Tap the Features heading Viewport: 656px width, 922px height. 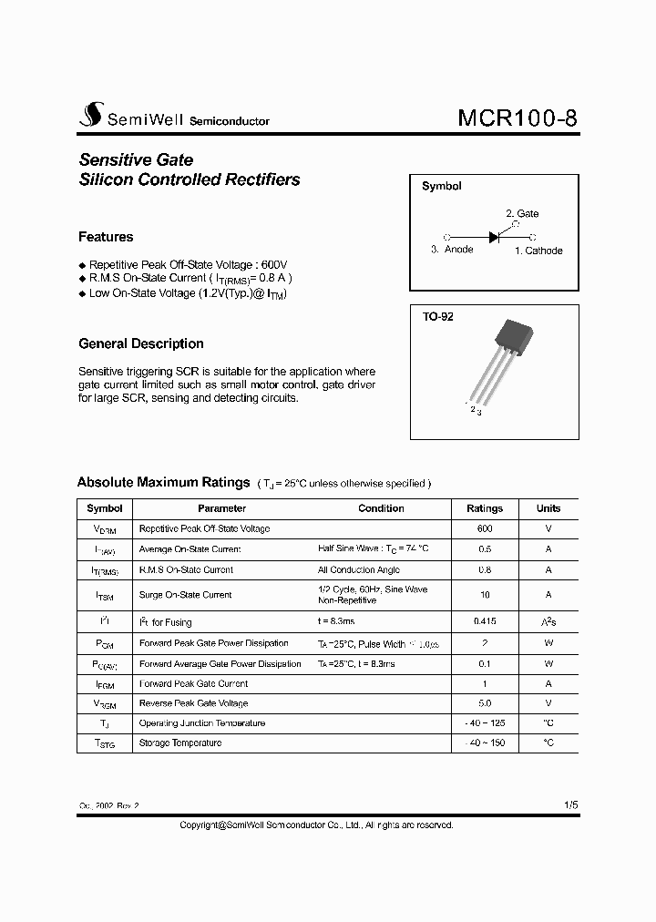click(x=106, y=237)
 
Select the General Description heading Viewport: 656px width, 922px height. click(x=141, y=343)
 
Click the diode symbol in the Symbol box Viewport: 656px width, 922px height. click(x=494, y=236)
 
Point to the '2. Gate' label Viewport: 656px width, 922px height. click(x=522, y=213)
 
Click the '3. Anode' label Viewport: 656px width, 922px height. click(x=452, y=250)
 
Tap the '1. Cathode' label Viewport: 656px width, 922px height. click(x=538, y=251)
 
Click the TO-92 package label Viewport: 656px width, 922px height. click(x=437, y=317)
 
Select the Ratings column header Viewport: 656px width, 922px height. click(x=485, y=508)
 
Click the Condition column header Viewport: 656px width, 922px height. click(x=381, y=508)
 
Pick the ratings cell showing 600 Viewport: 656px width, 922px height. click(x=485, y=528)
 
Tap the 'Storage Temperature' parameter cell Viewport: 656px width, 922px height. click(x=180, y=743)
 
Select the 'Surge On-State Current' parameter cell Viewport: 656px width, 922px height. click(x=186, y=595)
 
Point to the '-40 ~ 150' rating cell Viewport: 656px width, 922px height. click(x=485, y=743)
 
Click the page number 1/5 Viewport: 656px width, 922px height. click(x=570, y=805)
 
